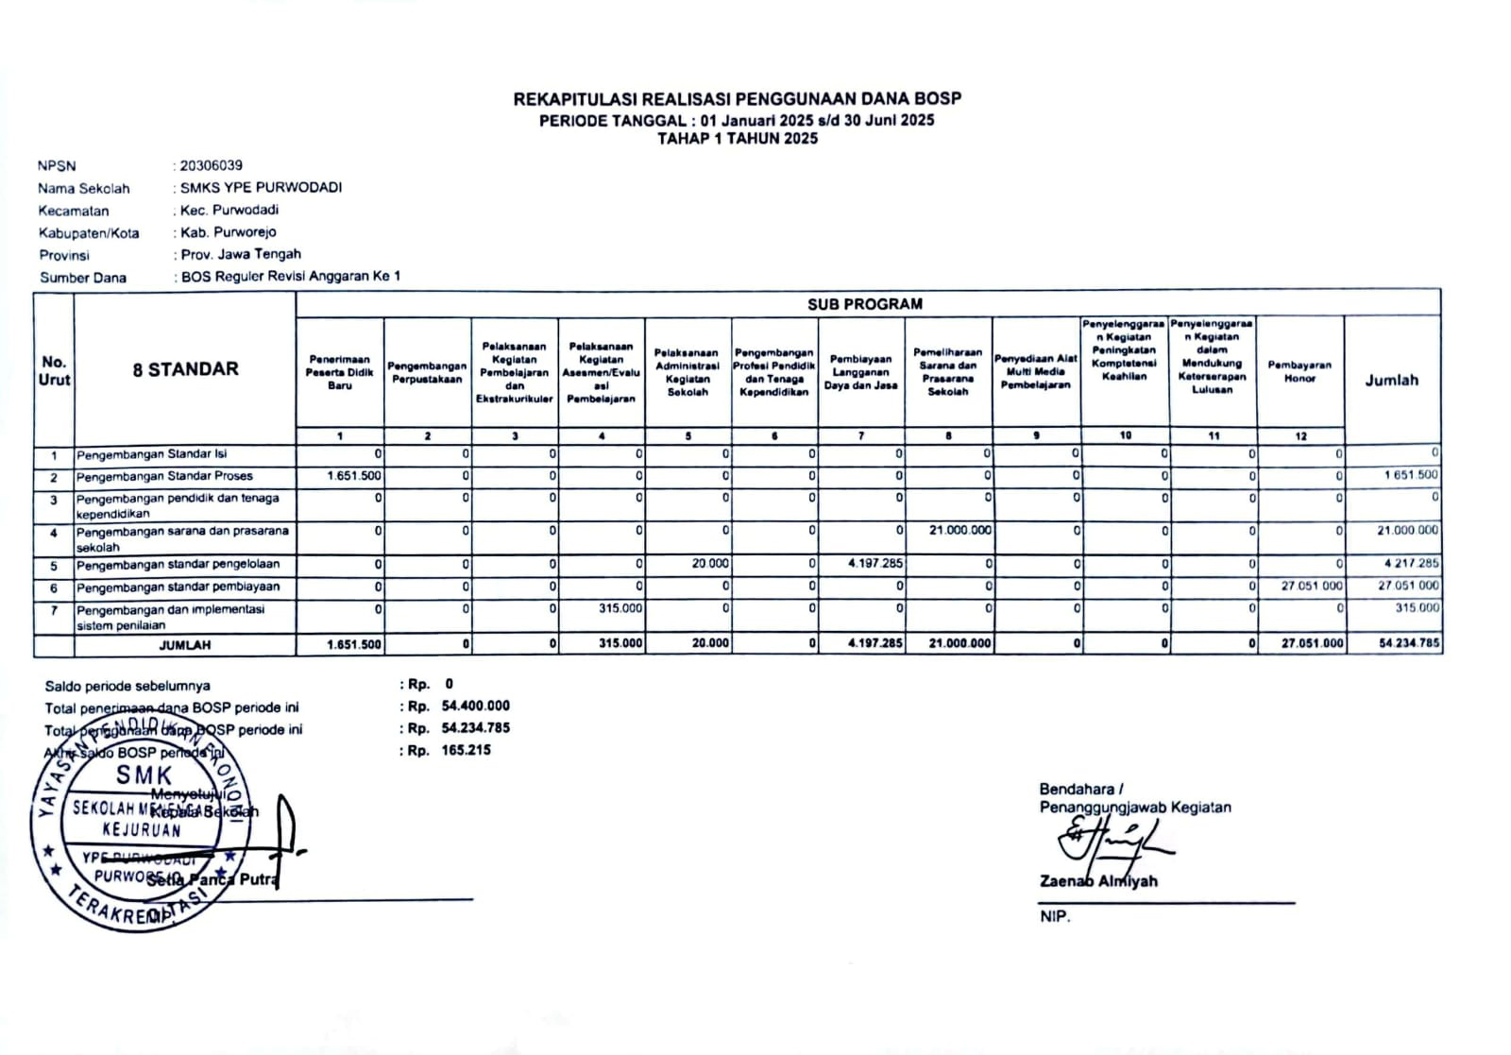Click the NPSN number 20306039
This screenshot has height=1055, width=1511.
212,165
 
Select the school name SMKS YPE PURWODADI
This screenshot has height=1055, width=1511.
262,187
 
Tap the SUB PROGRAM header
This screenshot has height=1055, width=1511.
864,304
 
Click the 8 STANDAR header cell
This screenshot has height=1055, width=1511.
185,369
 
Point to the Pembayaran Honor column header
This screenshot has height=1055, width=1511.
1299,371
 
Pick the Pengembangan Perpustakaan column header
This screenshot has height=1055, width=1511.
427,372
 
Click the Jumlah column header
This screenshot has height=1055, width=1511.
1391,380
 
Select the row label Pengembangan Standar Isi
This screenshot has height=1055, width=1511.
151,454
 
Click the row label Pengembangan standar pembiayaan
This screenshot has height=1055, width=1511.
178,587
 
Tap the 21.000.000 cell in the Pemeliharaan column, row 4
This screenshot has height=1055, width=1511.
959,530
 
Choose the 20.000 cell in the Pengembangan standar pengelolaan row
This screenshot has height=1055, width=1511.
710,563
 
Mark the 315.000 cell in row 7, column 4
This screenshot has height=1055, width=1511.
620,608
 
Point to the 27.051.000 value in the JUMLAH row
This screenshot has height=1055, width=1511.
1312,644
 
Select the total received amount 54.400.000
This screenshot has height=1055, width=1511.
475,706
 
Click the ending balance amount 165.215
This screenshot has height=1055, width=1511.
466,750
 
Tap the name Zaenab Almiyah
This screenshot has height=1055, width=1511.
1098,881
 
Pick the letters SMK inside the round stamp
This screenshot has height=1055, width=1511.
144,775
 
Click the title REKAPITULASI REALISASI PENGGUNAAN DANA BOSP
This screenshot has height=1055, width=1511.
737,98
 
